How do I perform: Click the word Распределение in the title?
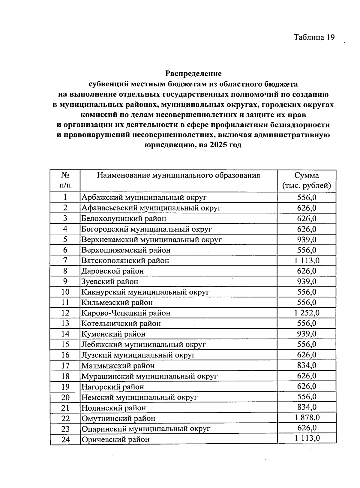click(193, 73)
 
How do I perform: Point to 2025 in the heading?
click(219, 145)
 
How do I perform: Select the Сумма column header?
click(306, 181)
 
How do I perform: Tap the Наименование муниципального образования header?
click(178, 175)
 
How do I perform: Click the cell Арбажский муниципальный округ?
click(144, 197)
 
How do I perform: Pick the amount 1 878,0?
click(307, 418)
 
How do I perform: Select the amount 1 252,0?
click(307, 313)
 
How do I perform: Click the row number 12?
click(65, 313)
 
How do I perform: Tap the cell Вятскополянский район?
click(125, 261)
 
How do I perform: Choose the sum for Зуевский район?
click(307, 281)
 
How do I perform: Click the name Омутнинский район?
click(118, 418)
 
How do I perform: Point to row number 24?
click(65, 439)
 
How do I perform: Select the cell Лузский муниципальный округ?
click(138, 355)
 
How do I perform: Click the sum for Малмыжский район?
click(307, 365)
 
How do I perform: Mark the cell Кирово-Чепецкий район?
click(126, 313)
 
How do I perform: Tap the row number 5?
click(65, 239)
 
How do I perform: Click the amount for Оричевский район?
click(307, 439)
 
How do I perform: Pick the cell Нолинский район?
click(114, 408)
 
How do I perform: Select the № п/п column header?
click(65, 181)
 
